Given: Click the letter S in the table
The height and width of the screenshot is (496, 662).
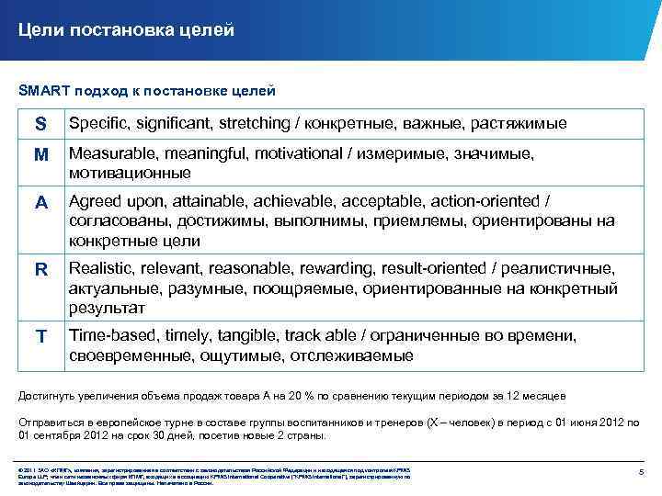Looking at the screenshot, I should (40, 124).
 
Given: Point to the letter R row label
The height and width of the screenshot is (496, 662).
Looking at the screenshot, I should (40, 271).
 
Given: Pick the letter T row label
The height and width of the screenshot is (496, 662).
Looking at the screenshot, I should (40, 337).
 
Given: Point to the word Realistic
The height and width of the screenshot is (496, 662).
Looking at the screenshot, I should (103, 268).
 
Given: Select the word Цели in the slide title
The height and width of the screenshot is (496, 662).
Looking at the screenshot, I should (40, 30).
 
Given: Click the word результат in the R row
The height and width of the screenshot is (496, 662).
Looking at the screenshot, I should (106, 308).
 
